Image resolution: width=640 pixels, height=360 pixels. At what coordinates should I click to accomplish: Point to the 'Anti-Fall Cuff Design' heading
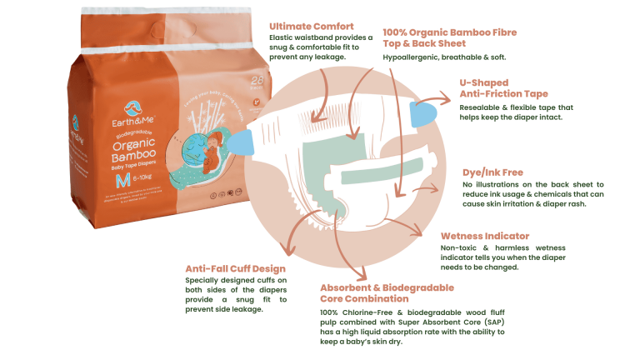pyautogui.click(x=236, y=269)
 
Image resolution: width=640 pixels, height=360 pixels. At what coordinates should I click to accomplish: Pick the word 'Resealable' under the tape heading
pyautogui.click(x=482, y=107)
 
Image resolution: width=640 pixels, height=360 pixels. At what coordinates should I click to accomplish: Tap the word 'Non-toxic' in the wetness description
pyautogui.click(x=462, y=247)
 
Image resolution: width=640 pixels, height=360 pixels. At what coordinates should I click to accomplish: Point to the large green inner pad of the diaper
pyautogui.click(x=313, y=157)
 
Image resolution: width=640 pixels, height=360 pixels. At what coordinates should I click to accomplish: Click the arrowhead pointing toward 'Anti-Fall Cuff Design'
pyautogui.click(x=286, y=252)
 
